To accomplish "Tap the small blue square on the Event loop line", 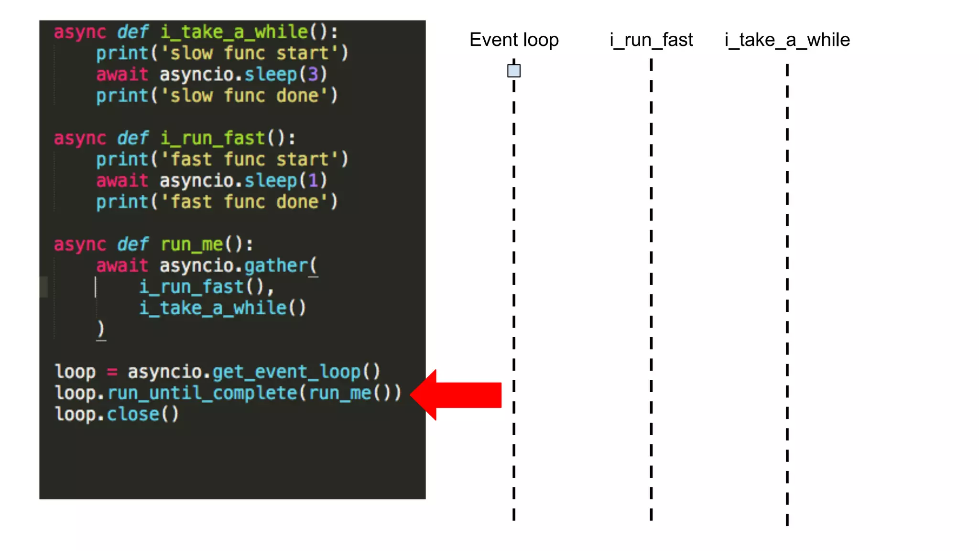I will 514,71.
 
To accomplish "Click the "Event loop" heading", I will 514,40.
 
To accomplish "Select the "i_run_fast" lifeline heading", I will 651,40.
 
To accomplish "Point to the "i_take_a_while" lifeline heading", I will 787,40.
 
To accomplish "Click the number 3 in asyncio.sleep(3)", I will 313,74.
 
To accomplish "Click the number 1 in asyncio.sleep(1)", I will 313,180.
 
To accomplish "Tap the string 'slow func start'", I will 249,53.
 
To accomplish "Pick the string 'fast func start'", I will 249,159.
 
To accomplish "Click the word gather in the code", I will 276,265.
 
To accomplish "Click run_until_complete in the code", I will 202,393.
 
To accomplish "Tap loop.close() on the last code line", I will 117,414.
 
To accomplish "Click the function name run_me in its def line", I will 192,244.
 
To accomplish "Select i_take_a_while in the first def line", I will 234,32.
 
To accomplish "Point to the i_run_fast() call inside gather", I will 201,287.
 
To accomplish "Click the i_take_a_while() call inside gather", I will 222,308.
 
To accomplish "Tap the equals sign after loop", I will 112,372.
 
